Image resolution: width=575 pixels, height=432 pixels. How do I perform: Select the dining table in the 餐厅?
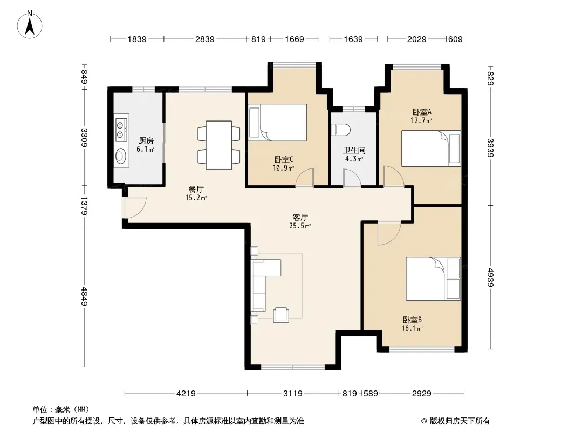pos(218,145)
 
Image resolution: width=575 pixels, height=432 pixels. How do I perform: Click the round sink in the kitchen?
pos(121,157)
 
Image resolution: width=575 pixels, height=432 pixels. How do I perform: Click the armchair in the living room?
pos(281,315)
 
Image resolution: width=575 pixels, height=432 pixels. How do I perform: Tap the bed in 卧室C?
pos(277,123)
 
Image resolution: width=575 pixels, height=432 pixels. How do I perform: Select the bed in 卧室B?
pos(433,279)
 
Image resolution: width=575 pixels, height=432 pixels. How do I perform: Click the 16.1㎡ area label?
pos(412,328)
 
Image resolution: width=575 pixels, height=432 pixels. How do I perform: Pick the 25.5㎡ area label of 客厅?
pos(300,226)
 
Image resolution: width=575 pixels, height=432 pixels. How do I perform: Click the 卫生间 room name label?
pos(354,151)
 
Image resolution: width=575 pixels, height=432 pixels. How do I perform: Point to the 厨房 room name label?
pos(146,140)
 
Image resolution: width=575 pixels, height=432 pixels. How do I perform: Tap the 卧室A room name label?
pos(422,112)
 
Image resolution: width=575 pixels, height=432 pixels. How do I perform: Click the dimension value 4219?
pos(186,394)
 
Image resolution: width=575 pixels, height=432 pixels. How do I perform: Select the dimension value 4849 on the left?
pos(84,296)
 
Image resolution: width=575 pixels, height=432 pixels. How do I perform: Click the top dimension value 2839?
pos(204,39)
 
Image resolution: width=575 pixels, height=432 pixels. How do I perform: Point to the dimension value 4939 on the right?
pos(490,278)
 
